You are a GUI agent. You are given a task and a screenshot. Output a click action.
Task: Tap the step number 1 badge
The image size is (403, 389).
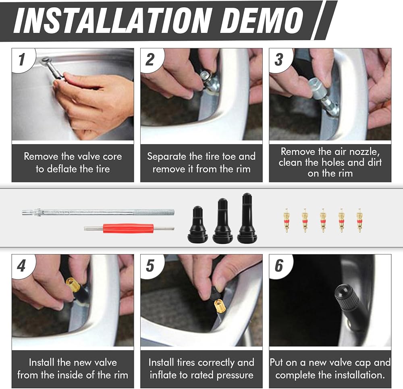tap(22, 60)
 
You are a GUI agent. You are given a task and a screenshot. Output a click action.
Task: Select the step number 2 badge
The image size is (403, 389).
tap(151, 60)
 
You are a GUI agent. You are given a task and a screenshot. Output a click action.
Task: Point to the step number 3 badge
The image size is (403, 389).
tap(280, 60)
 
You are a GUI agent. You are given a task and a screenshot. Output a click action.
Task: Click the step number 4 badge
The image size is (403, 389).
tap(22, 266)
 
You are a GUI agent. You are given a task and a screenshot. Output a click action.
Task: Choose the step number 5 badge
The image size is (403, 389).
tap(151, 266)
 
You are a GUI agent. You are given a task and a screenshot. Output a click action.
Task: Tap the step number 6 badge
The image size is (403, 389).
tap(280, 266)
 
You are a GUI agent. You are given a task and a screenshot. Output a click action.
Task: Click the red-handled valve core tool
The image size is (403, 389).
tap(129, 228)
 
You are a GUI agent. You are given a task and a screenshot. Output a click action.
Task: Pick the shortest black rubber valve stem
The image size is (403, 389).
tap(198, 224)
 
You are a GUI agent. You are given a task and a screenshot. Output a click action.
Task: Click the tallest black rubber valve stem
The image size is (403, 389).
tap(247, 218)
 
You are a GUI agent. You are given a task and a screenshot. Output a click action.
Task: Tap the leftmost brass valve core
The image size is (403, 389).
tap(286, 220)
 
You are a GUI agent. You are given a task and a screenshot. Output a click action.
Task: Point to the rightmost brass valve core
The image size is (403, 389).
tap(359, 220)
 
